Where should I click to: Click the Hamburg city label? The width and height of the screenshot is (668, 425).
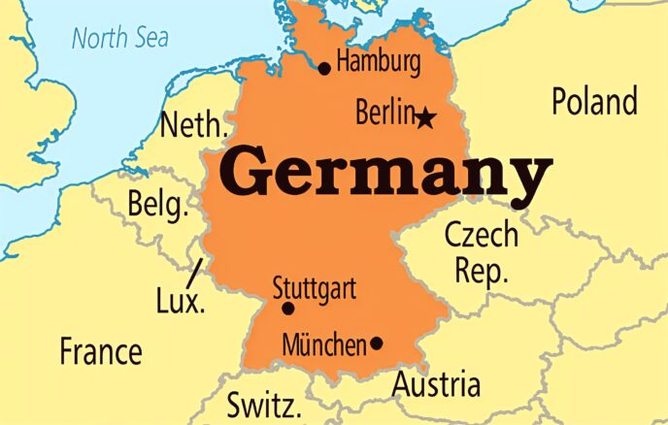tap(379, 64)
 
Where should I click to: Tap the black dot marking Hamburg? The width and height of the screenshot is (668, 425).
tap(324, 68)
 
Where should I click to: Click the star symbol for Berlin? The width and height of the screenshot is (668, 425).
tap(425, 118)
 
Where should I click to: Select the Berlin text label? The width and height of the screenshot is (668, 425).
tap(384, 113)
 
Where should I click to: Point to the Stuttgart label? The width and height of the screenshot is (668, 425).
tap(314, 288)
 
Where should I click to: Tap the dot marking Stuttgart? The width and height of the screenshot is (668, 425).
tap(287, 309)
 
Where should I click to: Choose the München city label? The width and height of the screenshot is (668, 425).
tap(324, 343)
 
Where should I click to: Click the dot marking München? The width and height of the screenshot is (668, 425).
tap(377, 343)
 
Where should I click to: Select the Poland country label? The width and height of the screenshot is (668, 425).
tap(594, 101)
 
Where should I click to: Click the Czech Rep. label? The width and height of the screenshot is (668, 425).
tap(482, 251)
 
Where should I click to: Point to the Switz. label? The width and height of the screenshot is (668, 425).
tap(264, 404)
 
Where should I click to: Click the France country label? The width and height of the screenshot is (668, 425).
tap(101, 350)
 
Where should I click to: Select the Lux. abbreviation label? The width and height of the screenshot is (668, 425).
tap(180, 301)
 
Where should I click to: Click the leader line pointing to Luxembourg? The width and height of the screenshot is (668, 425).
tap(196, 269)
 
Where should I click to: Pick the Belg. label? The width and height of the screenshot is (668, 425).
tap(156, 205)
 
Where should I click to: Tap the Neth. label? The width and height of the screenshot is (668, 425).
tap(194, 125)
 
